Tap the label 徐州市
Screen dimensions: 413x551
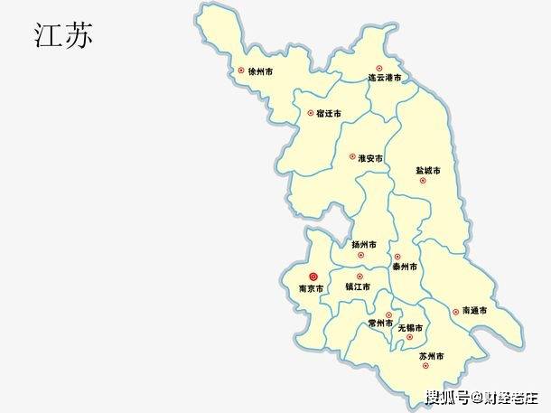tap(261, 70)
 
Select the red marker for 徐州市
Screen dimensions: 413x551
tap(241, 70)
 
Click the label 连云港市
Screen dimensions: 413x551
tap(384, 79)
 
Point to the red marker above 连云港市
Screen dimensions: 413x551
tap(379, 68)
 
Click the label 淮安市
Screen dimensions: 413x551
tap(370, 158)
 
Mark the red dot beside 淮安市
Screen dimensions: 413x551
tap(352, 157)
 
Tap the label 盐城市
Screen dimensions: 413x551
tap(427, 170)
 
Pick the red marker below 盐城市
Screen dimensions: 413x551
tap(422, 181)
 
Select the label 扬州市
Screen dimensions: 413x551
tap(365, 244)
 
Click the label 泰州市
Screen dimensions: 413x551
tap(405, 267)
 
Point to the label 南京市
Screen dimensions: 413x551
tap(312, 289)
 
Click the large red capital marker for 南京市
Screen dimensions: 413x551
tap(313, 277)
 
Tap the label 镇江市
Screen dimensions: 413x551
tap(358, 287)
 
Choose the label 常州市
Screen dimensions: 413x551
tap(380, 323)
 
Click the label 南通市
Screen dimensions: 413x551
tap(474, 311)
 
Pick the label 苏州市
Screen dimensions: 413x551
tap(432, 357)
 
